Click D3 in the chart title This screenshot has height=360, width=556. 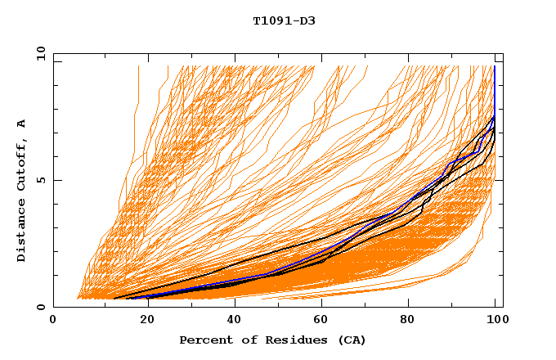[x=306, y=21]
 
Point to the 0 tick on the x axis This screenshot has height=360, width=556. [x=53, y=321]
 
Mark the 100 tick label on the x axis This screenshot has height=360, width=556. [x=495, y=321]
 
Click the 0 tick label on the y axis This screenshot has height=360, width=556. [x=41, y=308]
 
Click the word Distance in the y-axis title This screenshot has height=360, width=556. [x=22, y=232]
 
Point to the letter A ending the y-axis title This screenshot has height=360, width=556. [x=22, y=124]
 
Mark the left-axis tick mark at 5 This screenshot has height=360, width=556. [x=56, y=180]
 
